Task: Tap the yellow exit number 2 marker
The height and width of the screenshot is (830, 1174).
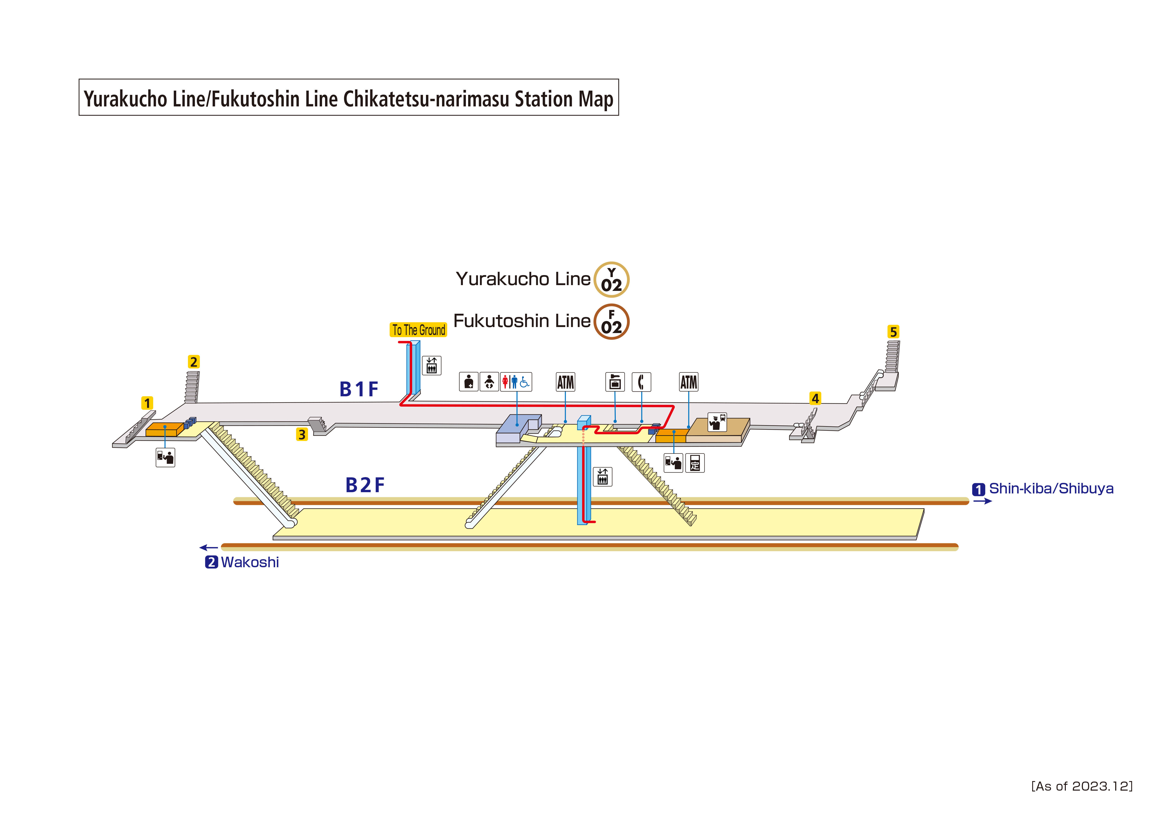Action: click(193, 362)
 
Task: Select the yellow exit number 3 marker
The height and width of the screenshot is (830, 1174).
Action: click(302, 435)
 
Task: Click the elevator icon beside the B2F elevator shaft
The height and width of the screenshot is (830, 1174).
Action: click(602, 477)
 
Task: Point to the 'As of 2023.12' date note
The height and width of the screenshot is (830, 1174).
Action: click(1081, 786)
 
